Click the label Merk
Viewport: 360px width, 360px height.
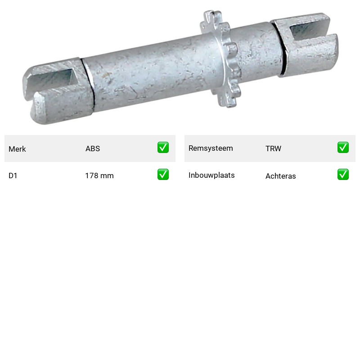tap(17, 149)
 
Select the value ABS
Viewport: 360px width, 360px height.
tap(93, 148)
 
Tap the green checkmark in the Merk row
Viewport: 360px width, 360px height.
tap(163, 148)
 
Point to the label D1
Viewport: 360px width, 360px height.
tap(13, 175)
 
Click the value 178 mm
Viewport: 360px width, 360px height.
tap(99, 175)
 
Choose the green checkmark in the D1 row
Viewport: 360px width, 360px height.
tap(163, 175)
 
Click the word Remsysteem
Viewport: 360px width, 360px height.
tap(211, 148)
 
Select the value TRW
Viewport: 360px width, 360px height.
tap(273, 148)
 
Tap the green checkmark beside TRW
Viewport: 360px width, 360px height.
tap(343, 148)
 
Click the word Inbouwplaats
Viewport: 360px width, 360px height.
tap(211, 175)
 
